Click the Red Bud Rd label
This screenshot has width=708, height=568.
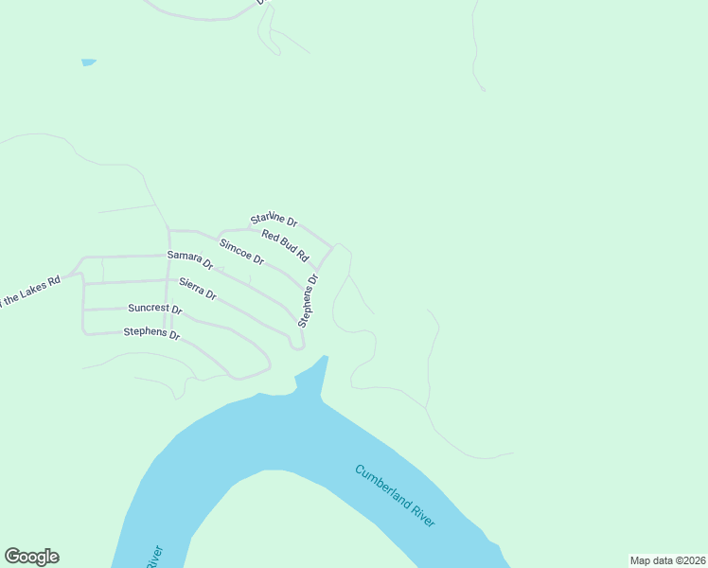[x=286, y=246]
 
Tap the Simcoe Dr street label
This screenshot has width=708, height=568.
[x=241, y=252]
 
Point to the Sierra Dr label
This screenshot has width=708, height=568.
[x=198, y=289]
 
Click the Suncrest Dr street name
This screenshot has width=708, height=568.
[x=154, y=309]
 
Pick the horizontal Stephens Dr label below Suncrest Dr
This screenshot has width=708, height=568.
[x=151, y=332]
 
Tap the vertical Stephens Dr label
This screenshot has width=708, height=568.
[x=309, y=300]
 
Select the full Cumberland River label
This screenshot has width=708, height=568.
[x=396, y=496]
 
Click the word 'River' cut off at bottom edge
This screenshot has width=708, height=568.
[x=154, y=557]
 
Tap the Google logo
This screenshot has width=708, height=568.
[x=31, y=557]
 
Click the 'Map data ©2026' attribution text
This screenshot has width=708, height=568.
[x=667, y=559]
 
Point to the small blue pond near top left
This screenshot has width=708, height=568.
[x=89, y=62]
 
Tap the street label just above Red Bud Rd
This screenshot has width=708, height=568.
[x=274, y=222]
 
